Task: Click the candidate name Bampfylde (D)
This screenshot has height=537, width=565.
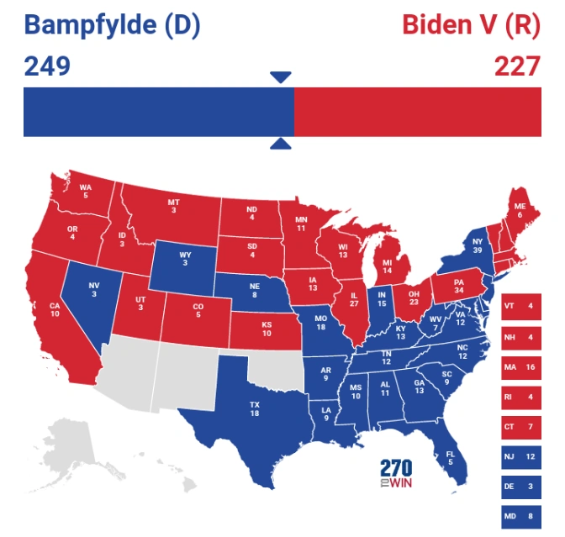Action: [112, 25]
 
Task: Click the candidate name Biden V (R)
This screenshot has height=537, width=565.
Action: [471, 25]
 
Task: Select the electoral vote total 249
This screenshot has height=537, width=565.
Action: [46, 66]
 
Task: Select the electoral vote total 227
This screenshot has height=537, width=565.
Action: [516, 66]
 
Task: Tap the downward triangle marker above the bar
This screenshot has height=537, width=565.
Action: [281, 77]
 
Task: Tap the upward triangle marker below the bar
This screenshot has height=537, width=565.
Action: [281, 144]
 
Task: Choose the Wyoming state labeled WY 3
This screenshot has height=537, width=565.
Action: [185, 258]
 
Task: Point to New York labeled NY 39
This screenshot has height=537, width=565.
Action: [479, 245]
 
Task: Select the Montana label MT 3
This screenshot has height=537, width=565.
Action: [174, 206]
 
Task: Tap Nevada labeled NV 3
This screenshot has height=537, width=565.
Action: [94, 289]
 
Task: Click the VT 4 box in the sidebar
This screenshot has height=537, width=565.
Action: [520, 307]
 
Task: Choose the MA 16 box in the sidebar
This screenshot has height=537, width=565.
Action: [520, 367]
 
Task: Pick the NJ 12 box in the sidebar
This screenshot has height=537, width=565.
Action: [520, 456]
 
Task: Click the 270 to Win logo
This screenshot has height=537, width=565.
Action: [396, 474]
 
